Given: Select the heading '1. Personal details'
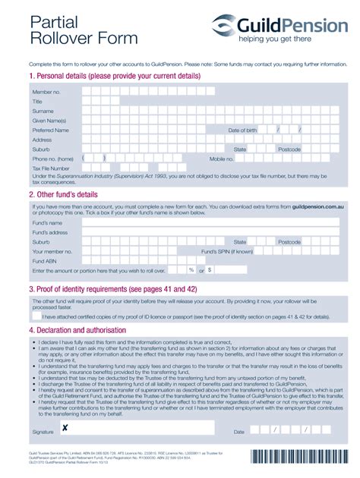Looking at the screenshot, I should (x=114, y=77).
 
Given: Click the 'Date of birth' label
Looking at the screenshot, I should (x=243, y=131).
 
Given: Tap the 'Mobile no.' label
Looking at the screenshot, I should (x=222, y=159).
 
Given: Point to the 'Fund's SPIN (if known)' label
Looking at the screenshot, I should (x=227, y=251).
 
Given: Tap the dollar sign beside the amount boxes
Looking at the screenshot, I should (x=209, y=270).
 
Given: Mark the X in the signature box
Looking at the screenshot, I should (x=65, y=429).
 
